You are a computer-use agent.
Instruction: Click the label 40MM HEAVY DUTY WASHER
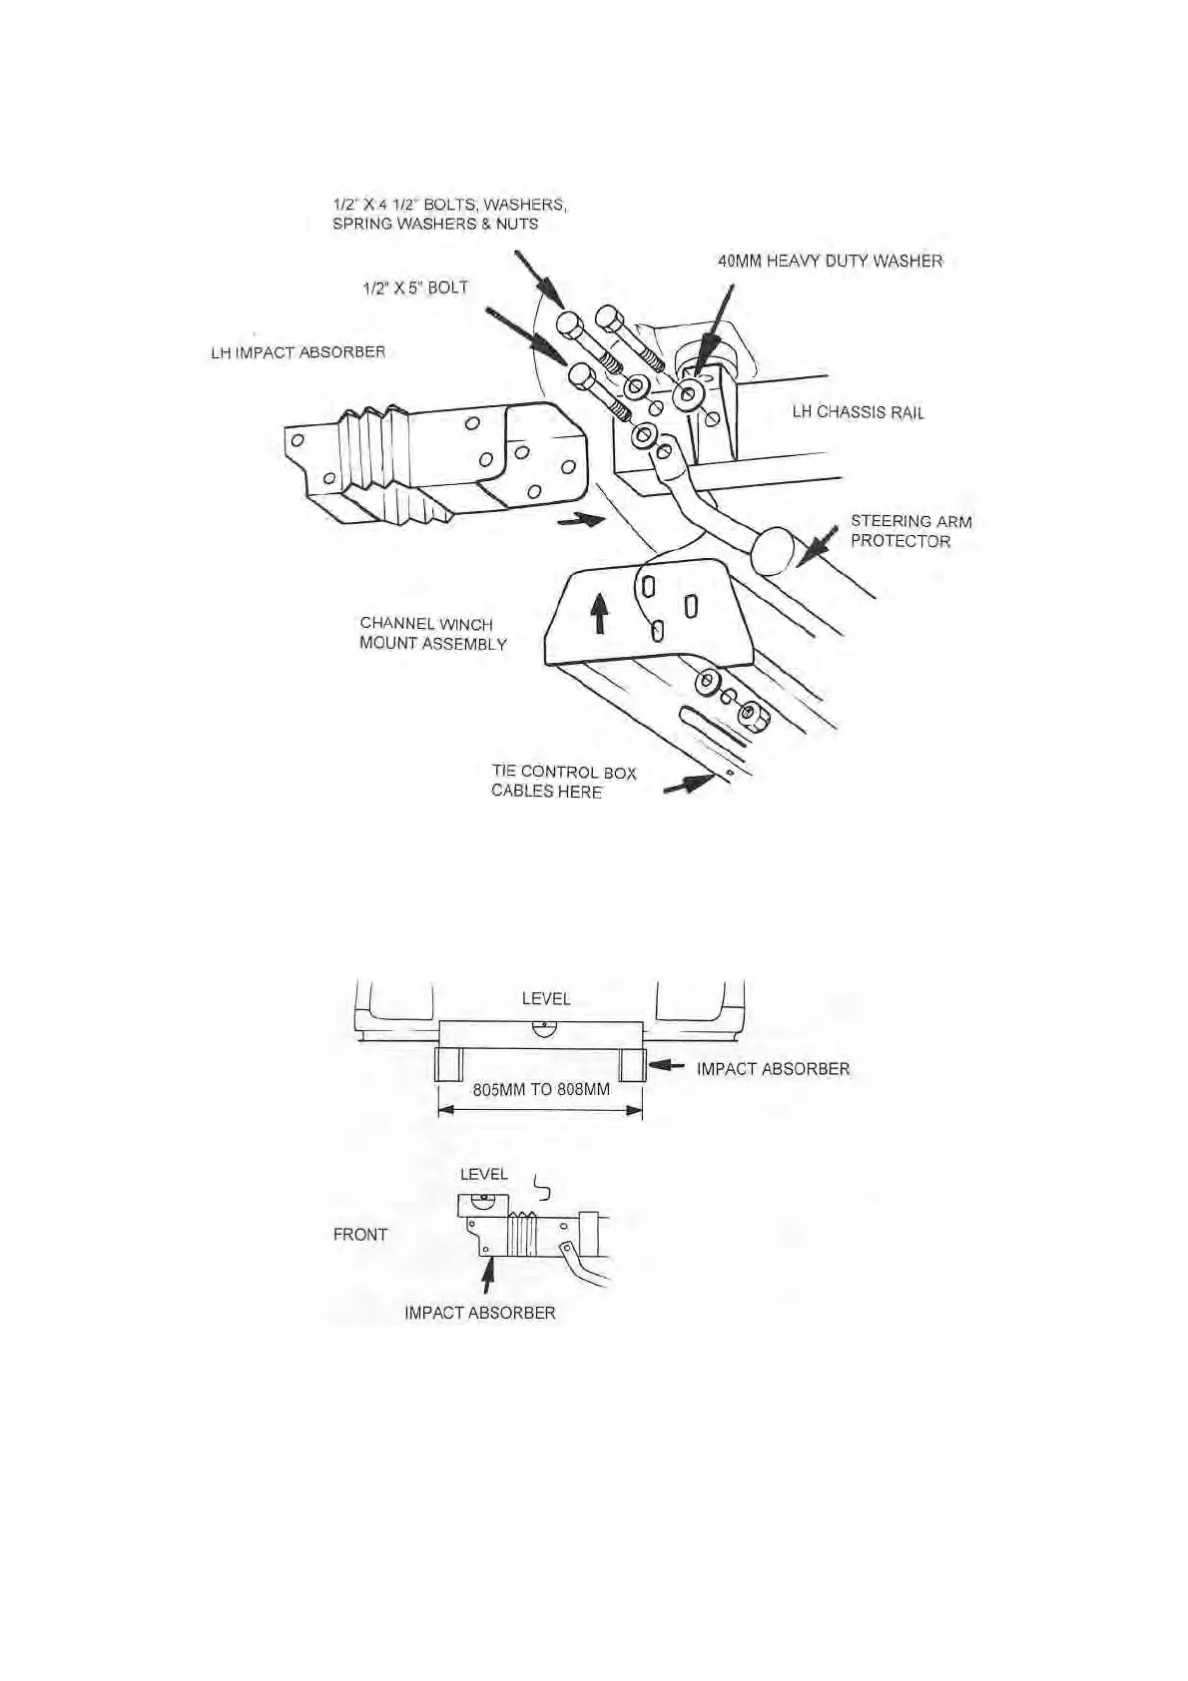tap(830, 261)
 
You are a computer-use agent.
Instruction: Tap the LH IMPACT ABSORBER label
tap(297, 352)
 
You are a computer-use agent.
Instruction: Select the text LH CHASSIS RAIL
tap(858, 412)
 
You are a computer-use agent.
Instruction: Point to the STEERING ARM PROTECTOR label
tap(909, 531)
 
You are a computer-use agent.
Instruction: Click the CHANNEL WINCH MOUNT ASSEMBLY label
tap(432, 634)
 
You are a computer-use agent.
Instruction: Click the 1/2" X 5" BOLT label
tap(414, 287)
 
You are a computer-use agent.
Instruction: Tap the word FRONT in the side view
tap(359, 1235)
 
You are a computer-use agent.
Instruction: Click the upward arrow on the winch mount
tap(599, 613)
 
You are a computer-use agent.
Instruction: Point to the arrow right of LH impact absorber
tap(580, 519)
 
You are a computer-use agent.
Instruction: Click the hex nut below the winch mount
tap(753, 715)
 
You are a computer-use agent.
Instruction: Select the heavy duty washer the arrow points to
tap(688, 395)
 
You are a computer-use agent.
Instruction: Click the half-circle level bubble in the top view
tap(543, 1030)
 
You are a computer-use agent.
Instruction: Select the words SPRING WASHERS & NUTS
tap(434, 224)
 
